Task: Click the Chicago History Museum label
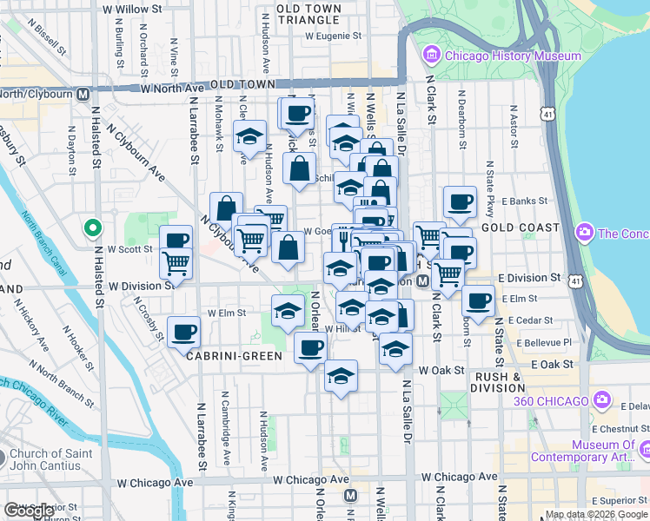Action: [x=512, y=56]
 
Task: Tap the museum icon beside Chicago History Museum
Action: [x=431, y=56]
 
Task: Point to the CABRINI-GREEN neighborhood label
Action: [x=232, y=356]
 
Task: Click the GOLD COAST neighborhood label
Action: [x=520, y=228]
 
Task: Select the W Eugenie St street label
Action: [x=333, y=37]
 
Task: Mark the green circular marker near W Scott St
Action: [x=92, y=228]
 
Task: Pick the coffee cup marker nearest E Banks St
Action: [x=460, y=201]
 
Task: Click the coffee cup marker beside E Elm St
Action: [x=477, y=300]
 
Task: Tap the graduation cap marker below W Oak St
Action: [x=342, y=376]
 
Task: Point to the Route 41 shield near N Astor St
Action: [x=546, y=114]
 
